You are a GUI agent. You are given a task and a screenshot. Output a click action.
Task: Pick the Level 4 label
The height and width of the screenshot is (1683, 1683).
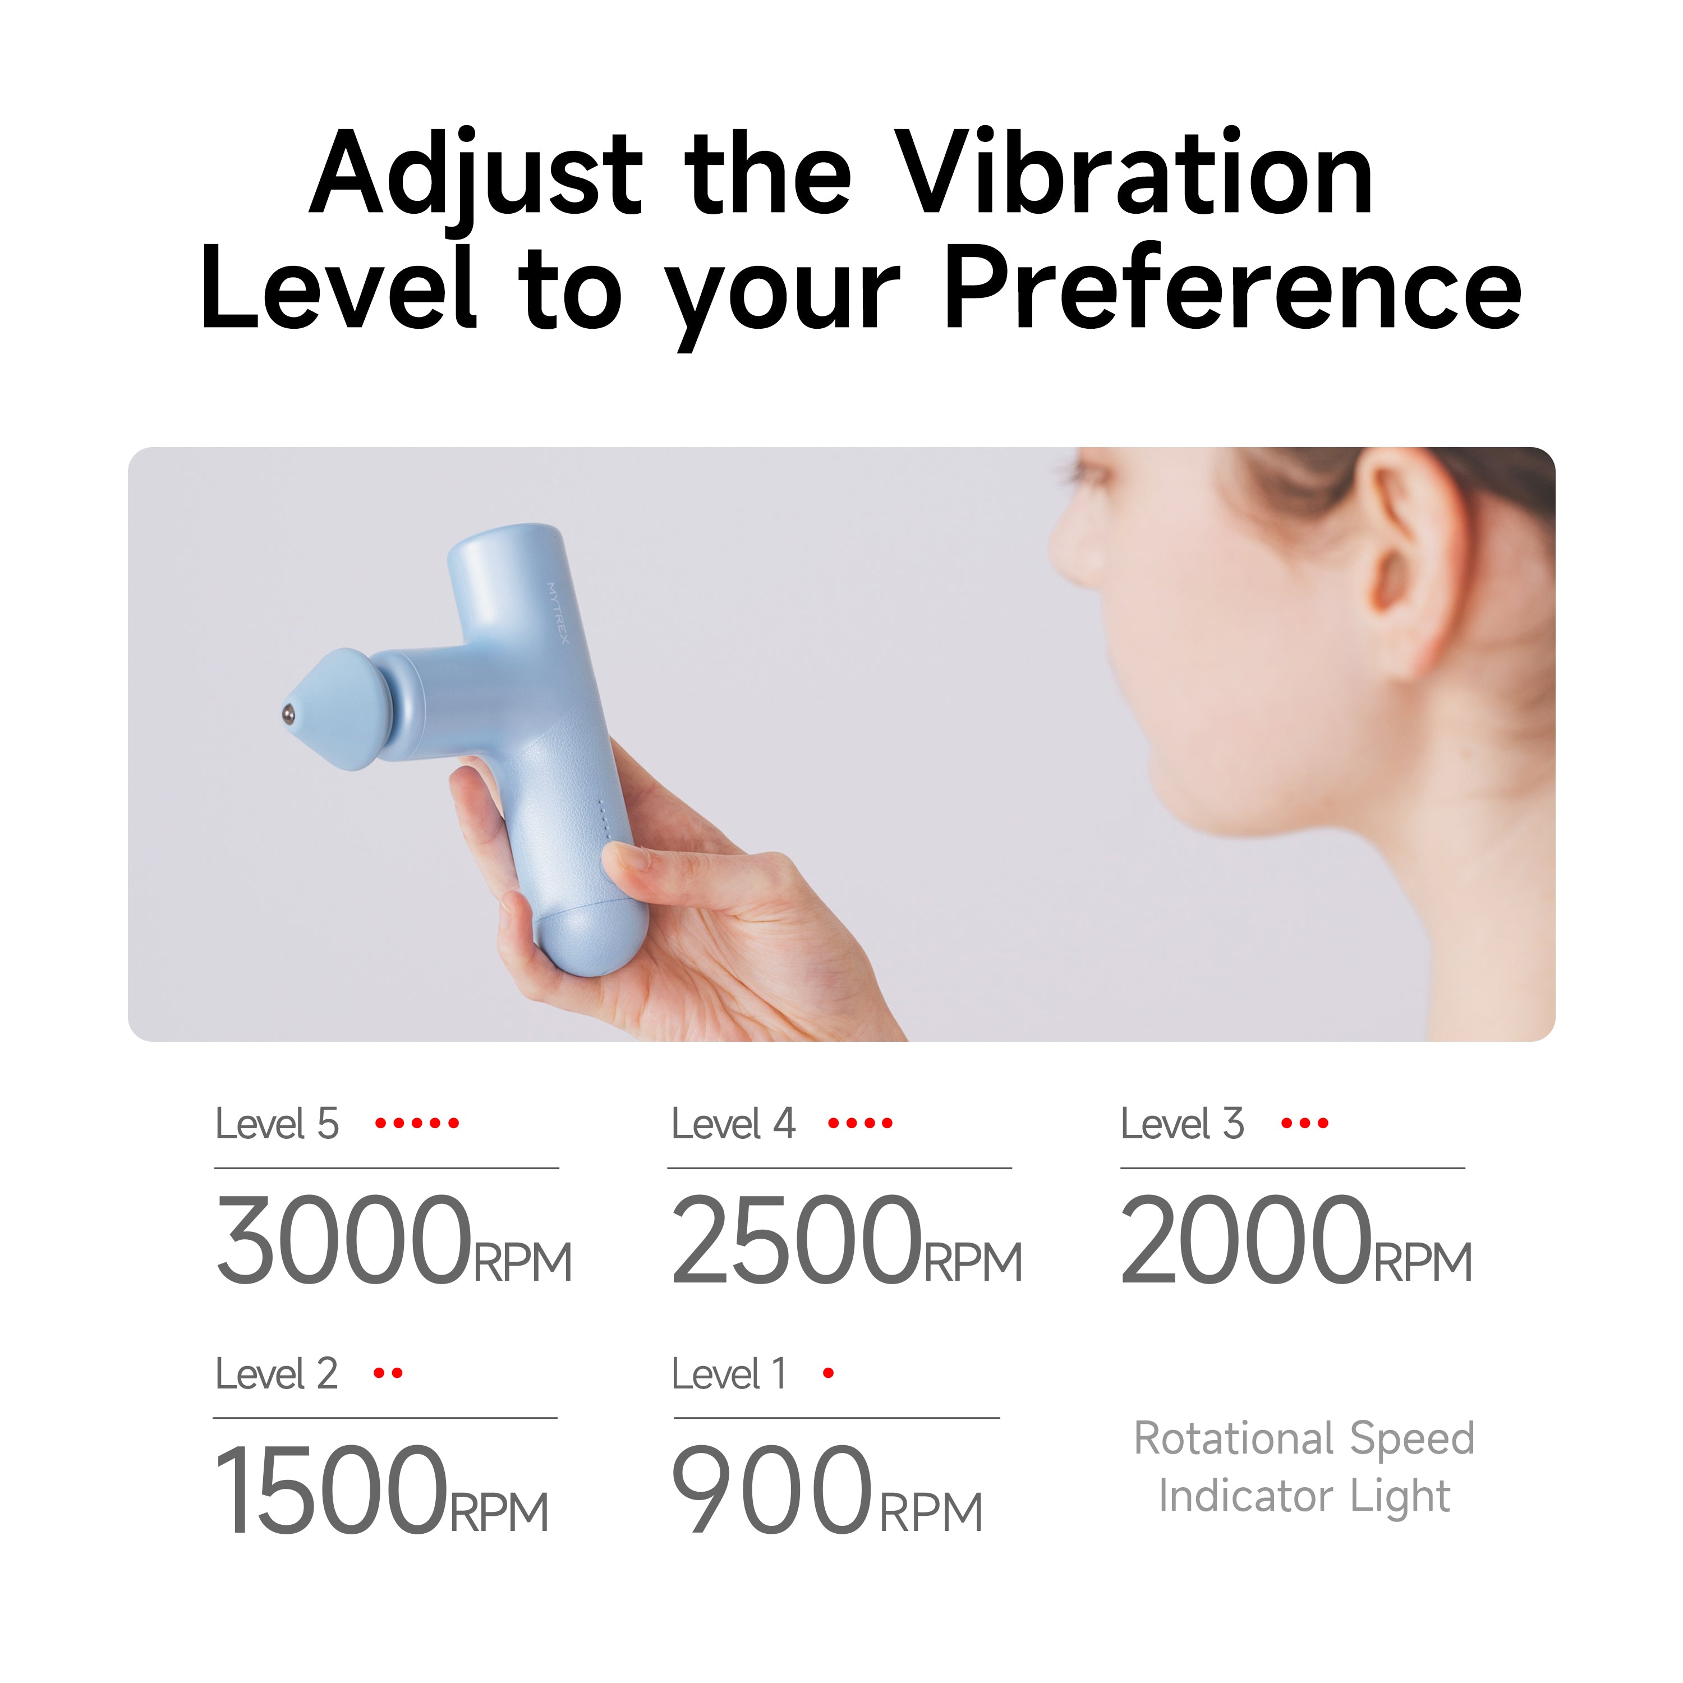click(733, 1124)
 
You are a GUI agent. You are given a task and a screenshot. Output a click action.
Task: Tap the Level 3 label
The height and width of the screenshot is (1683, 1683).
click(1182, 1124)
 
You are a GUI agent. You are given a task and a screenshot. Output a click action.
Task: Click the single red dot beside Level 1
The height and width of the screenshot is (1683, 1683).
click(829, 1374)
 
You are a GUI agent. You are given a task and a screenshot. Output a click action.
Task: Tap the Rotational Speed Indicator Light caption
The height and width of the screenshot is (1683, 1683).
click(1304, 1467)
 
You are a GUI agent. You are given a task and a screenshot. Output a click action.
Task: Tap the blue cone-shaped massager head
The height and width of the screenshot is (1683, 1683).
click(344, 710)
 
